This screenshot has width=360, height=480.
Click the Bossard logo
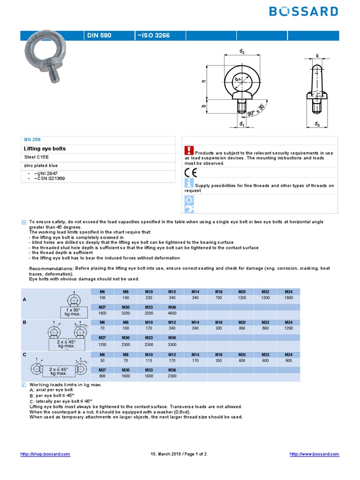303,11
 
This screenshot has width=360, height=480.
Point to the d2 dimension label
242,52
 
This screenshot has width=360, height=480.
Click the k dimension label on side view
317,56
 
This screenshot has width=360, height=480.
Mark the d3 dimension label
317,124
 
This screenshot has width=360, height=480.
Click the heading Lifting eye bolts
45,149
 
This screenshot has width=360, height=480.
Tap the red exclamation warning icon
189,150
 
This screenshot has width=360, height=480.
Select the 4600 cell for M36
172,313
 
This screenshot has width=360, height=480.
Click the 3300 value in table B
172,345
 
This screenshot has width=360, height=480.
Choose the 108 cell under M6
103,298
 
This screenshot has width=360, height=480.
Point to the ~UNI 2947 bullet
45,173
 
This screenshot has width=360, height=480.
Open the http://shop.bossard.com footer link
45,454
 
